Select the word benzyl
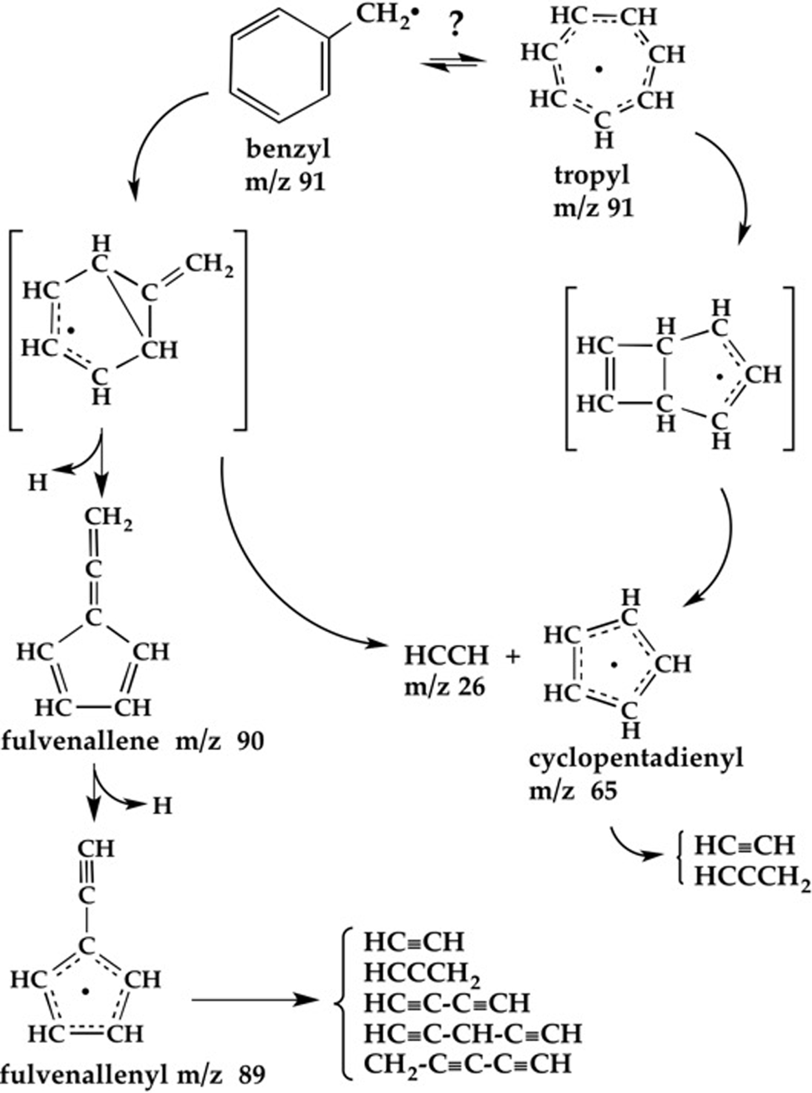pos(288,149)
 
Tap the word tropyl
pos(592,175)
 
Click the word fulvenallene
pos(80,741)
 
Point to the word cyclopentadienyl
pos(636,758)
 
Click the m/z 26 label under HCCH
pos(445,687)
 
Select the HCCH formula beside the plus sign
pos(447,656)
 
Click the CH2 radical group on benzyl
pos(382,16)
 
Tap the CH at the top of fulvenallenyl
pos(96,849)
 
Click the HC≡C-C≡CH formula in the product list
pos(447,1002)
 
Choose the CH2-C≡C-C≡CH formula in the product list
pos(467,1064)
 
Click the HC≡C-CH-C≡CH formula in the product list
pos(473,1033)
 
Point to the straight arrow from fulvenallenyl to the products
pos(255,1000)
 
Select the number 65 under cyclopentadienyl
pos(604,791)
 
